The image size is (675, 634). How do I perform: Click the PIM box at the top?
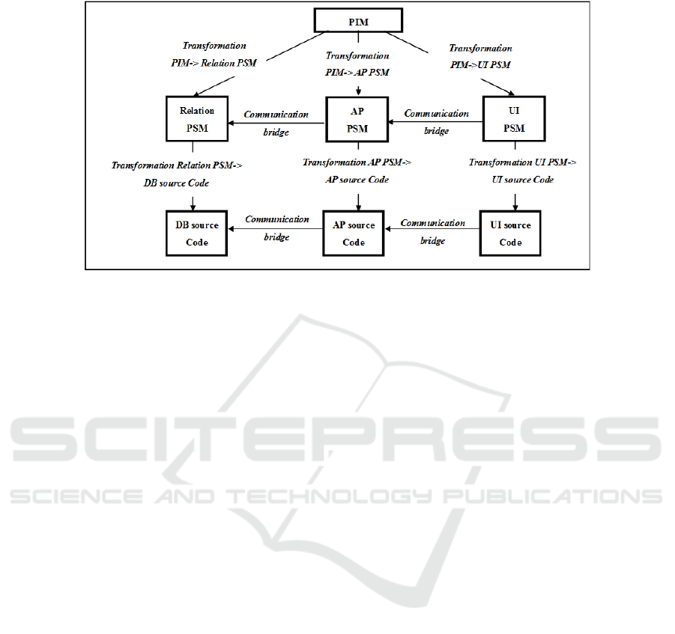(358, 20)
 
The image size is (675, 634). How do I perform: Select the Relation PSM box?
(197, 119)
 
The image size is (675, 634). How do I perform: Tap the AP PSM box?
(357, 119)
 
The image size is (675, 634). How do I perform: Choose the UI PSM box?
(514, 119)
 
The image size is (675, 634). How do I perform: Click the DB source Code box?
(197, 233)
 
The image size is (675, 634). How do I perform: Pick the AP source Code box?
(354, 233)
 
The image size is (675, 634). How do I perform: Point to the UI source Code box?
(510, 233)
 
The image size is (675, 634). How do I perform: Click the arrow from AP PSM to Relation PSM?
(276, 123)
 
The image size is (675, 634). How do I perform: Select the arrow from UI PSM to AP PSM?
(436, 122)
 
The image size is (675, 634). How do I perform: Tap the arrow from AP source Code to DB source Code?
(275, 229)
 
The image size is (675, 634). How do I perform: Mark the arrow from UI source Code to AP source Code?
(432, 229)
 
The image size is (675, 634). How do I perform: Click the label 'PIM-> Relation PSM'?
(214, 63)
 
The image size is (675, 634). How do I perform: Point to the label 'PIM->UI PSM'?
(480, 65)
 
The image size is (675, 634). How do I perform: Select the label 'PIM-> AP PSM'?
(357, 73)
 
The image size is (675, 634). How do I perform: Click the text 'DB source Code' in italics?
(176, 183)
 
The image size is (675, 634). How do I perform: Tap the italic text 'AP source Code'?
(357, 180)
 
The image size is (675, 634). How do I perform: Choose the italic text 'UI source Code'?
(523, 180)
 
